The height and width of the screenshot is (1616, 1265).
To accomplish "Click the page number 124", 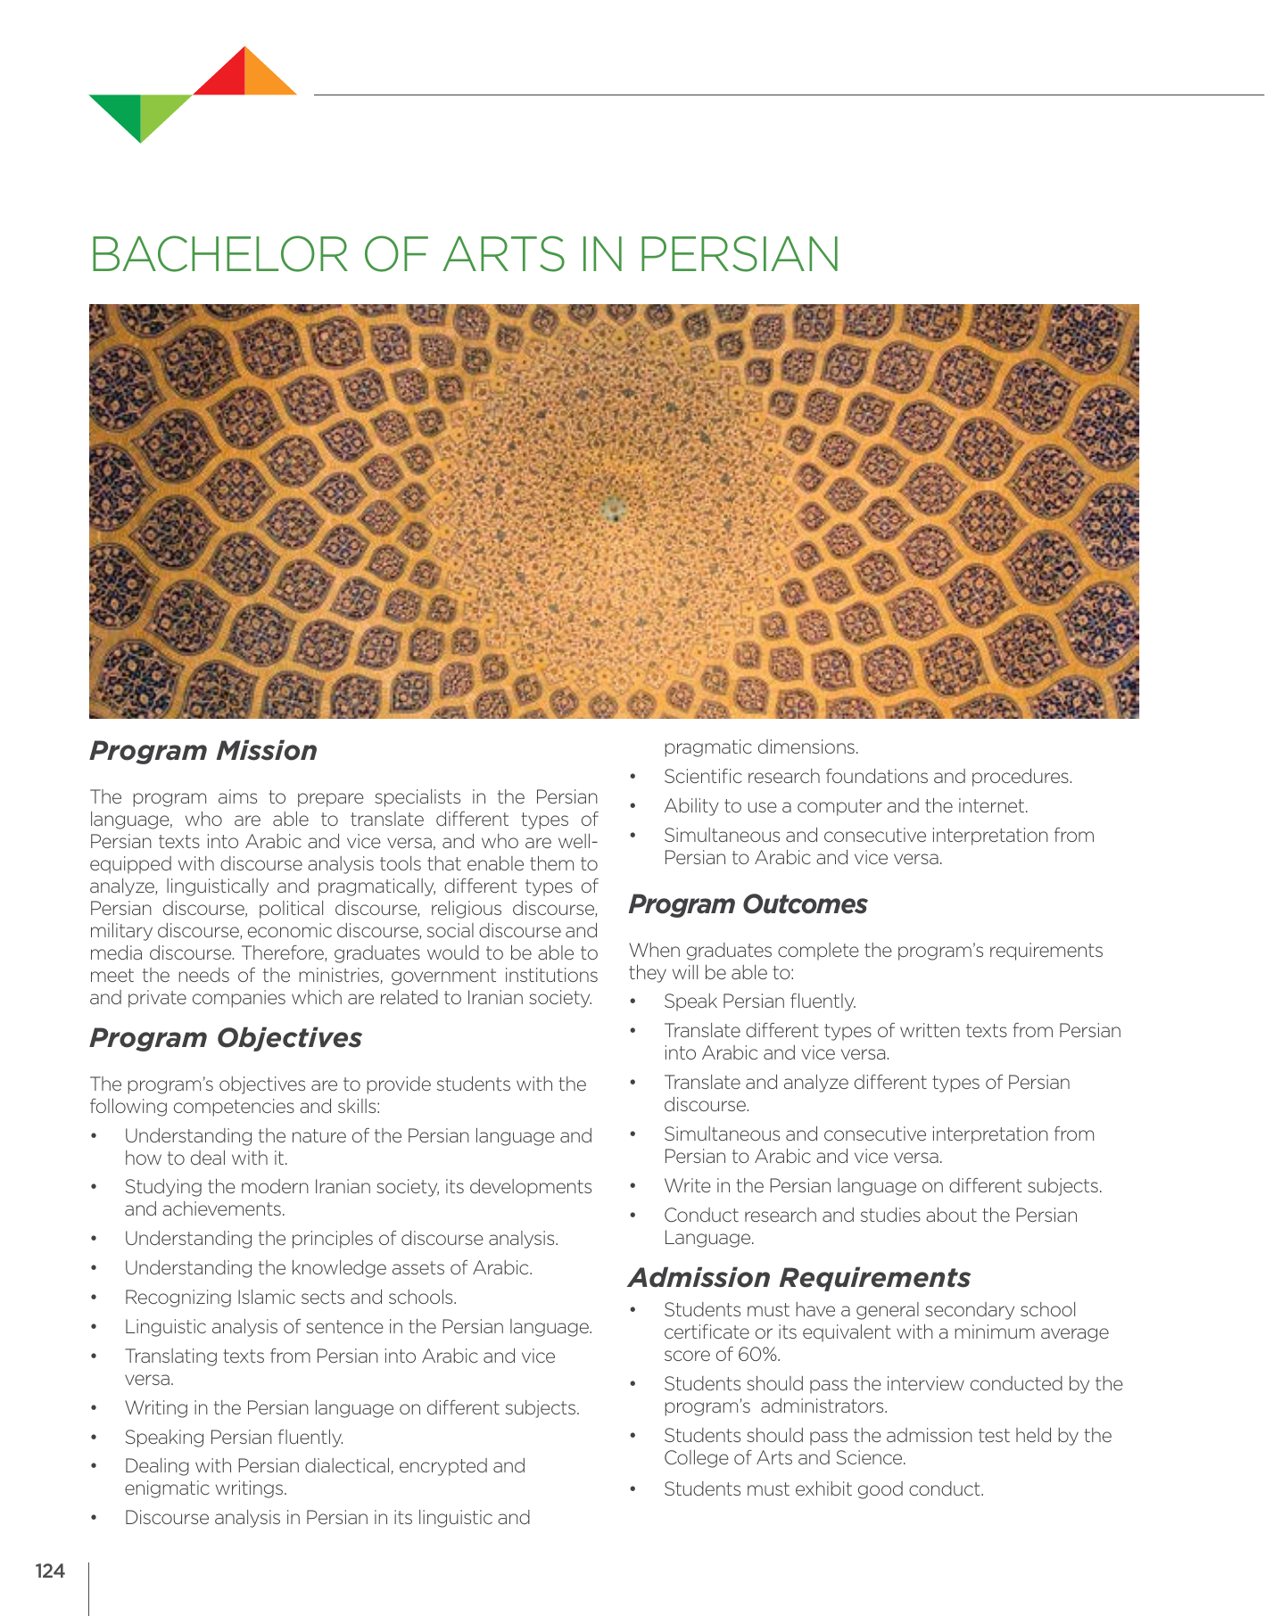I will pos(50,1571).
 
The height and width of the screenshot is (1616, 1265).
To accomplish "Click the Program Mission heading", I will pos(203,751).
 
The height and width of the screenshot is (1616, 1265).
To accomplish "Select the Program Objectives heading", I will pos(226,1038).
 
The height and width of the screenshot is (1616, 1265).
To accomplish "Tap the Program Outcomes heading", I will pos(748,904).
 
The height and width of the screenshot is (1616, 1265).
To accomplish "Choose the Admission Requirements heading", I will pos(799,1278).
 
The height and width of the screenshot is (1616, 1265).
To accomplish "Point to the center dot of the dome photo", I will pos(613,509).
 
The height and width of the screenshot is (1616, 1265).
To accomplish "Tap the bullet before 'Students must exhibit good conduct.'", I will pos(632,1489).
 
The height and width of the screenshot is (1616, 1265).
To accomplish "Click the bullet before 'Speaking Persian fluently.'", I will pos(94,1438).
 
